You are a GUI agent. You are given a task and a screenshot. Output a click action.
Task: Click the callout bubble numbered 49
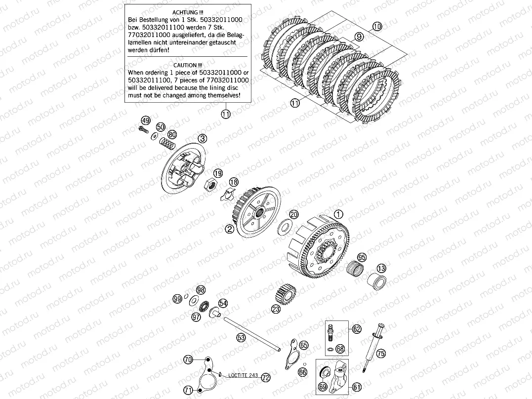pyautogui.click(x=146, y=121)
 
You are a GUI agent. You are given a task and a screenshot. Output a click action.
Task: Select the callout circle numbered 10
pyautogui.click(x=377, y=26)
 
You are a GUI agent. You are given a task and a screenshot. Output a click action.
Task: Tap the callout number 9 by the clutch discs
pyautogui.click(x=359, y=37)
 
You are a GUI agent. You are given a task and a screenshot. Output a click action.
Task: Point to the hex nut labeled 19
pyautogui.click(x=211, y=185)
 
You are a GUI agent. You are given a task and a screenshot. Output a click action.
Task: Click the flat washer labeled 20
pyautogui.click(x=286, y=227)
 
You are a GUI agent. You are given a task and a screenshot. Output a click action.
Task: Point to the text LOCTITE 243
pyautogui.click(x=243, y=375)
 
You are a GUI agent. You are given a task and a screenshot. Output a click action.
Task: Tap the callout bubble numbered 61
pyautogui.click(x=357, y=387)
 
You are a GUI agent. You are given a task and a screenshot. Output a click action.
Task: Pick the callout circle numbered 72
pyautogui.click(x=266, y=377)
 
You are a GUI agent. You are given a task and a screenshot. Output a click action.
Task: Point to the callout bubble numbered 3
pyautogui.click(x=203, y=138)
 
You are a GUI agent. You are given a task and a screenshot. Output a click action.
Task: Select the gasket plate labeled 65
pyautogui.click(x=292, y=353)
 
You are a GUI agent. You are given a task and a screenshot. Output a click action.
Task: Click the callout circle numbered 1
pyautogui.click(x=338, y=214)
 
